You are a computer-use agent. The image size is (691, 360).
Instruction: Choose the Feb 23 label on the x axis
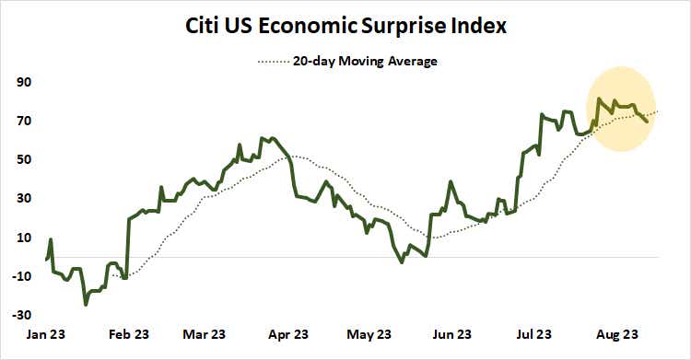tap(129, 334)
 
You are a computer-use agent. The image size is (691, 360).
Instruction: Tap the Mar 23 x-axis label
tap(205, 334)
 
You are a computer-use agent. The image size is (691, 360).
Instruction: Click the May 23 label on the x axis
tap(366, 334)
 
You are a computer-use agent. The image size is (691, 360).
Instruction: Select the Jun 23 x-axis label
tap(451, 334)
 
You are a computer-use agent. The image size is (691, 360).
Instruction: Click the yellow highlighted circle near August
tap(621, 109)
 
